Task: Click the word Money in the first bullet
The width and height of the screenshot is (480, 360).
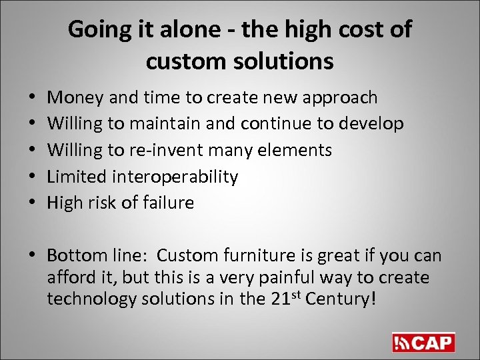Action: point(74,98)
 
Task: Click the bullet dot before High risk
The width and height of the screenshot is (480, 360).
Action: point(34,203)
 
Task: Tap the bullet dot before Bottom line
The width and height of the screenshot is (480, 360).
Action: point(34,256)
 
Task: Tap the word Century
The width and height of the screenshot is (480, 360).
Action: point(344,299)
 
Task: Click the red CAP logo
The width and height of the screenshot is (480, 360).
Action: point(423,342)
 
